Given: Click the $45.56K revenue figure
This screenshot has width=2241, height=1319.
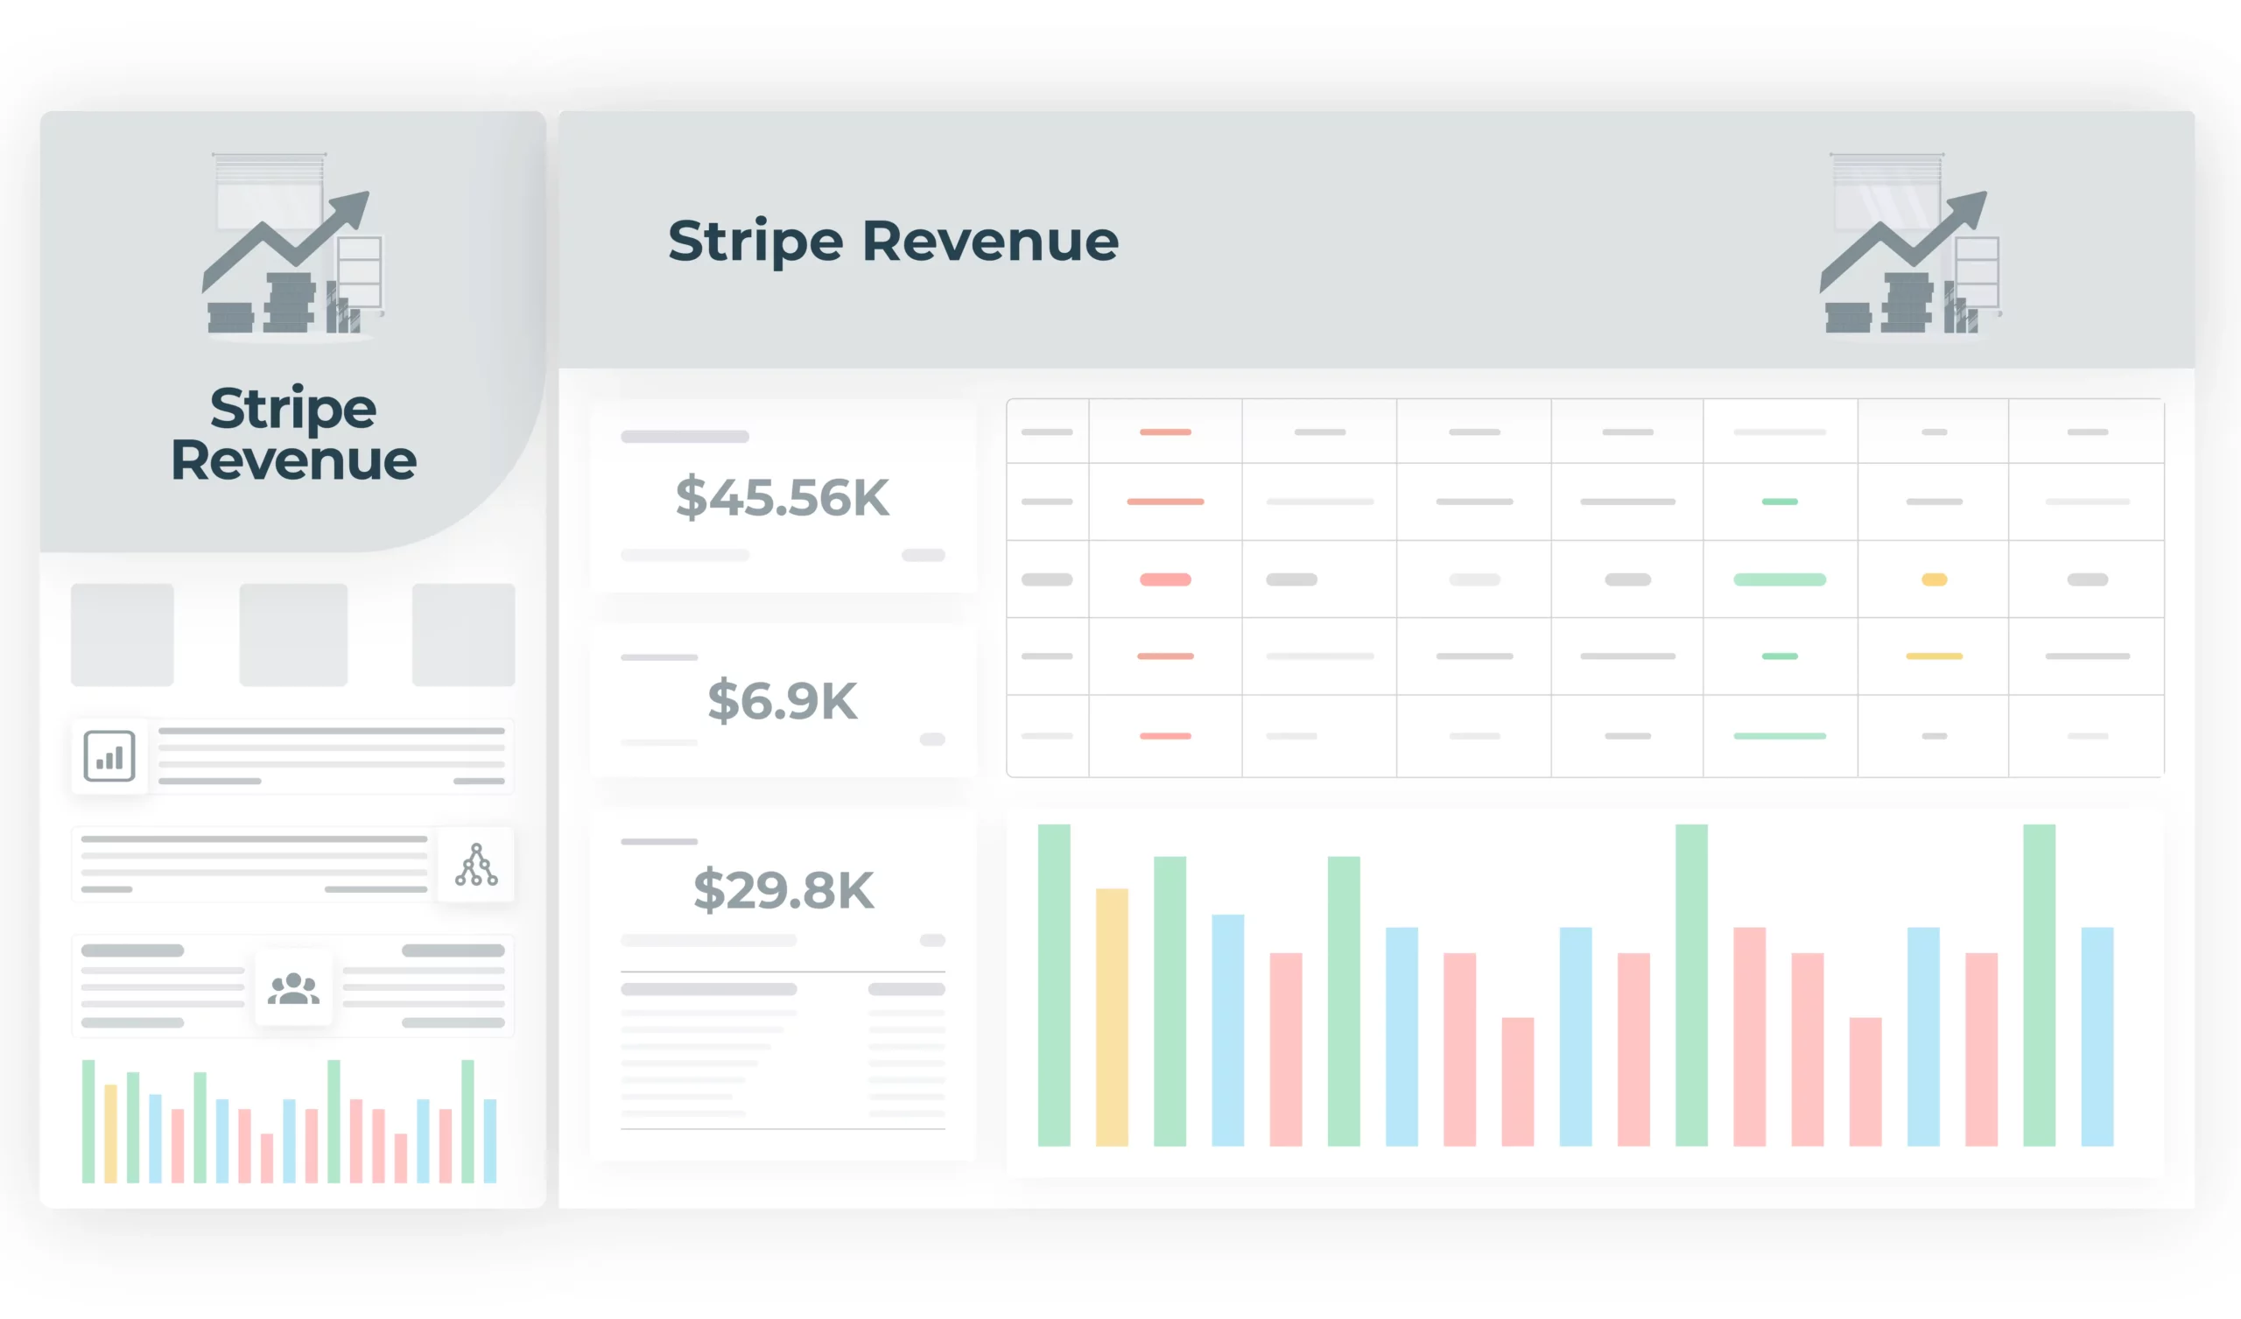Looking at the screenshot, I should pos(782,497).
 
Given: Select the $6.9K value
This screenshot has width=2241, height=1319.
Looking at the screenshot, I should pos(782,701).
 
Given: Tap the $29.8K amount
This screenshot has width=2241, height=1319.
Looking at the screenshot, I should pos(783,890).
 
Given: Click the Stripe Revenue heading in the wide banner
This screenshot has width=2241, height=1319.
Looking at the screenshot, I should pos(893,241).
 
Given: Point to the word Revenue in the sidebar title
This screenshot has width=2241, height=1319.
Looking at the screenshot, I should pos(293,460).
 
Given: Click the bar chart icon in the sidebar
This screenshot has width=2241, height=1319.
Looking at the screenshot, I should pos(109,757).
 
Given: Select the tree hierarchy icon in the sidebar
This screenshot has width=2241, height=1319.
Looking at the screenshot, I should pos(475,866).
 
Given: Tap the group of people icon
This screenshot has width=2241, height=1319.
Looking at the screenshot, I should pos(293,988).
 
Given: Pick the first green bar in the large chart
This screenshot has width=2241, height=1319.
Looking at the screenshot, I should pos(1054,985).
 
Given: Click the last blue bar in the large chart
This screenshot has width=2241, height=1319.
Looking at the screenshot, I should pos(2097,1036).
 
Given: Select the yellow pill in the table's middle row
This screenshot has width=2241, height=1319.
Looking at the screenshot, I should pos(1935,580).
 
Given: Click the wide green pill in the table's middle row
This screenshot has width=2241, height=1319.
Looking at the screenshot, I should pos(1780,580).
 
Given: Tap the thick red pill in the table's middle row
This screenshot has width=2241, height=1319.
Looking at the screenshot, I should pos(1165,580).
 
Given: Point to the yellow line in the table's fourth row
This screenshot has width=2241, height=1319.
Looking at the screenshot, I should pos(1935,656).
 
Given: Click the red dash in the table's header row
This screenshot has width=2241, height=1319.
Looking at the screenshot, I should pos(1165,432).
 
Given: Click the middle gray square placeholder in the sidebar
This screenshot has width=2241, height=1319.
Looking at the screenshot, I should pos(293,635).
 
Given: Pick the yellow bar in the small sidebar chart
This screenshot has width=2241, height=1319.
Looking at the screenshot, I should pos(111,1134).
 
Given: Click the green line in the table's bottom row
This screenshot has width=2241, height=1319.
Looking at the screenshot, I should pos(1780,736).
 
